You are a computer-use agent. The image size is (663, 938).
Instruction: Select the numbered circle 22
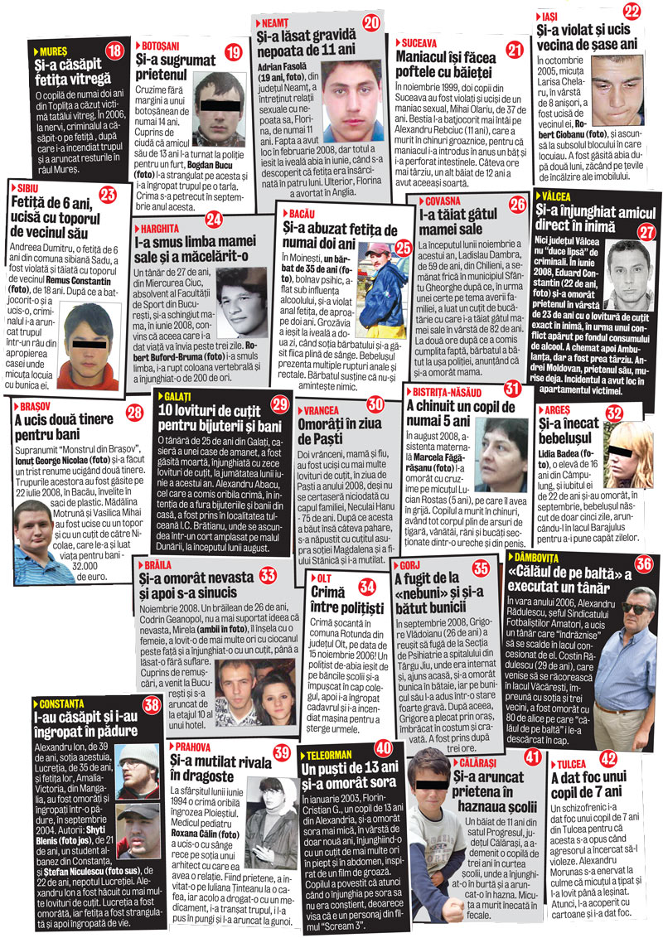[x=632, y=11]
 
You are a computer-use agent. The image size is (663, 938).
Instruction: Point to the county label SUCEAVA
[x=424, y=41]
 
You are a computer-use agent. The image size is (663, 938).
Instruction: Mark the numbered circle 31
[x=511, y=388]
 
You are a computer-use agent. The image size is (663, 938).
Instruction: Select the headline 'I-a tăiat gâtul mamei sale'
[x=460, y=220]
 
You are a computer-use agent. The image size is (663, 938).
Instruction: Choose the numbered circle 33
[x=268, y=574]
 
